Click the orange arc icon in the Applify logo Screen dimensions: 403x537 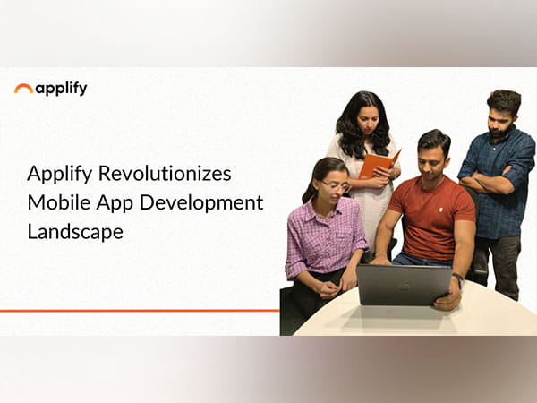pyautogui.click(x=23, y=89)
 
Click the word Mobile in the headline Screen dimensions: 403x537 pyautogui.click(x=55, y=202)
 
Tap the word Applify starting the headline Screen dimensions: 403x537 pyautogui.click(x=55, y=173)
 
